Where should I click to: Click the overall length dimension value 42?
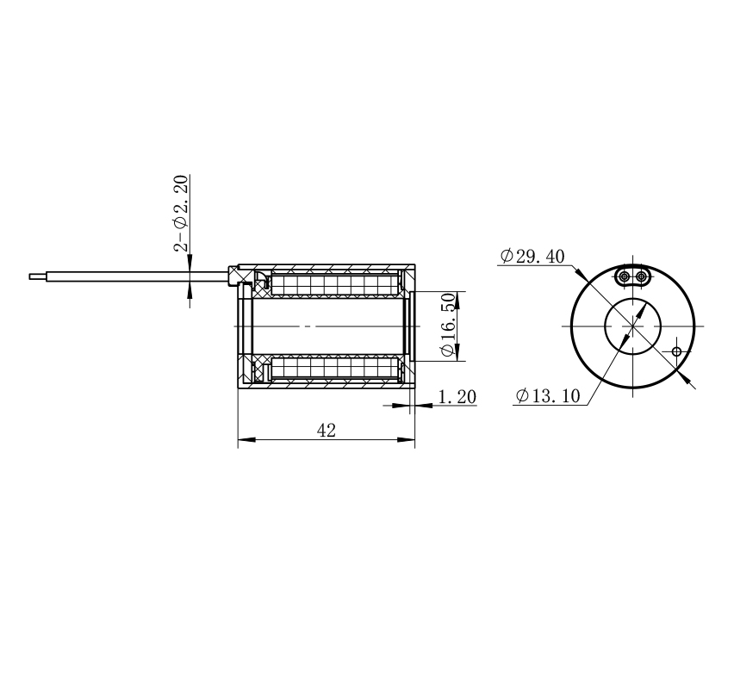coord(327,430)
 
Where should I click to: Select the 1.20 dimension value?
coord(457,397)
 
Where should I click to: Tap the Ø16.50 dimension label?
coord(448,325)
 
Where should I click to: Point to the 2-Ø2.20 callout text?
coord(181,213)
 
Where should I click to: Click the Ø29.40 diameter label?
coord(532,256)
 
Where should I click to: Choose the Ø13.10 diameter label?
coord(548,396)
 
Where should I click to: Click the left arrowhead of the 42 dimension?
coord(246,439)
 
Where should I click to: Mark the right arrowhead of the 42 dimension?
coord(406,439)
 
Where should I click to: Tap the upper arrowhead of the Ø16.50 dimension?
coord(457,300)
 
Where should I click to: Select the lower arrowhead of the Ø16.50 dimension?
coord(457,352)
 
